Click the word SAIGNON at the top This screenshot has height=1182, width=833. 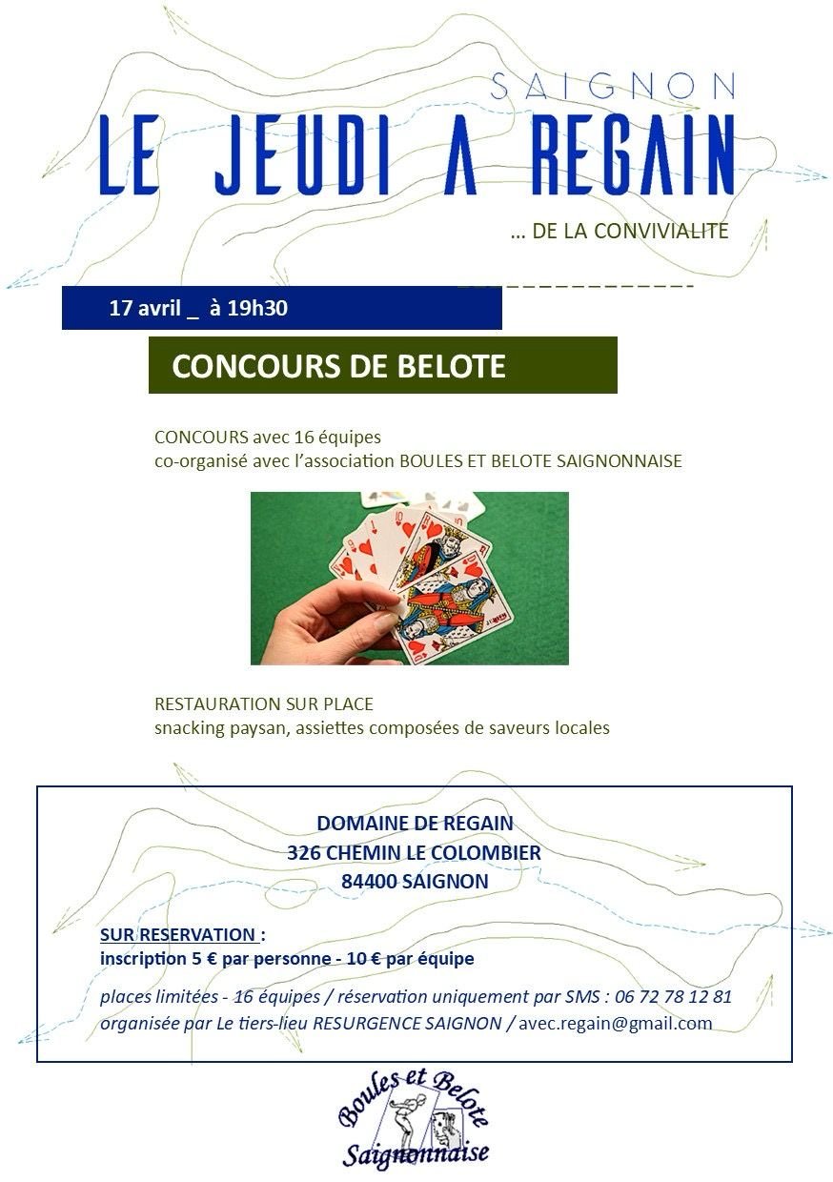[x=613, y=87]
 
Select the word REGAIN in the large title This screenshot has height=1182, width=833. [x=631, y=157]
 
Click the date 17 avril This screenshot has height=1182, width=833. [x=145, y=308]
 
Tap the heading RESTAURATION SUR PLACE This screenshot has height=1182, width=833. [x=264, y=704]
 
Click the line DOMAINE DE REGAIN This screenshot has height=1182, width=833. [x=415, y=823]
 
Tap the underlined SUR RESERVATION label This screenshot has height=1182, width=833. [x=180, y=934]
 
